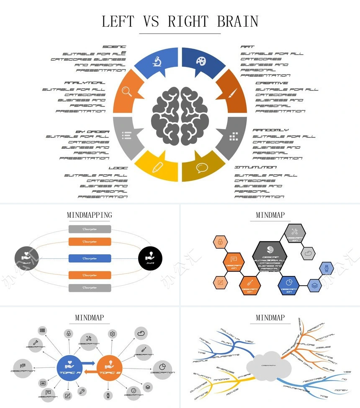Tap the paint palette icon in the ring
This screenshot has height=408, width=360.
201,61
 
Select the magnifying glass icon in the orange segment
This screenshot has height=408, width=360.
127,92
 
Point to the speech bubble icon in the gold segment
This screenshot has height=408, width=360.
202,168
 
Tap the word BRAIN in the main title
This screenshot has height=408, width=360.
237,21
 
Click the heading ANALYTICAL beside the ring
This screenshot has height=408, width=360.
85,83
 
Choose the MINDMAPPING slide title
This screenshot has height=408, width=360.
90,215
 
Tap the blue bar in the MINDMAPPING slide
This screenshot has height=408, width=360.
90,258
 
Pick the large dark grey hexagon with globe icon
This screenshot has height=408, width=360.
270,256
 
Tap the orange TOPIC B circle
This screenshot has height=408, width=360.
109,368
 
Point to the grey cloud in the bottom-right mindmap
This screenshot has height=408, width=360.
269,365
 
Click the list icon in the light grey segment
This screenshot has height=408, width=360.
126,135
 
